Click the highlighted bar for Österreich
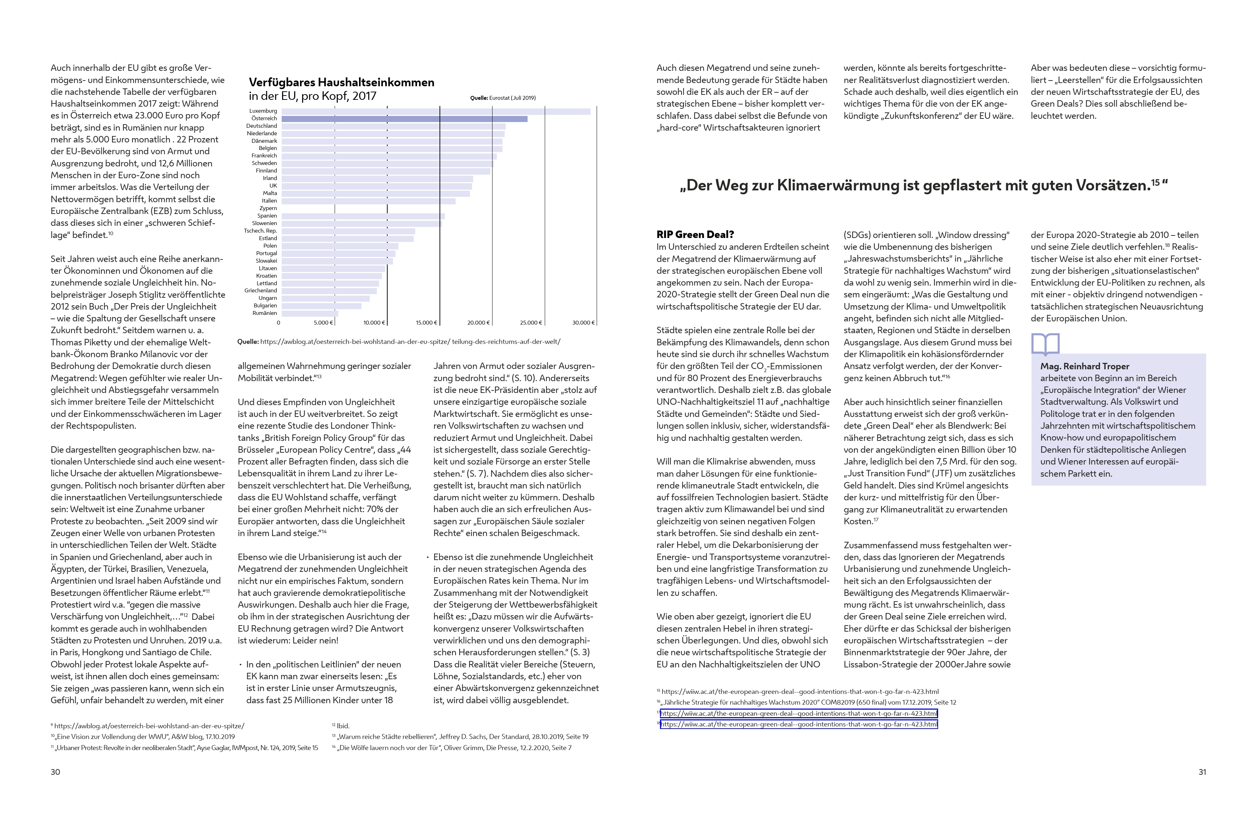[x=404, y=119]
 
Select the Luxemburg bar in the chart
[x=436, y=111]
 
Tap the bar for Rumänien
[x=309, y=313]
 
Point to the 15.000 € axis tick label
[x=427, y=323]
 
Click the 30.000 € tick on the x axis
[x=583, y=323]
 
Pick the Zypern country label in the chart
[x=268, y=208]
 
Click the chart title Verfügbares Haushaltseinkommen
[x=341, y=82]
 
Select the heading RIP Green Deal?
[x=695, y=234]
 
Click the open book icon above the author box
[x=1045, y=344]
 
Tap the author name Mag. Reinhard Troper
[x=1084, y=366]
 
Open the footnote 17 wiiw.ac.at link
[x=799, y=714]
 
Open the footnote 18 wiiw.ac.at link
[x=799, y=725]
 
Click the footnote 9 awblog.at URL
[x=149, y=726]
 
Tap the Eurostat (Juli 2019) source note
[x=503, y=98]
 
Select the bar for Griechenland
[x=329, y=291]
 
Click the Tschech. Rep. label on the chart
[x=260, y=231]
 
